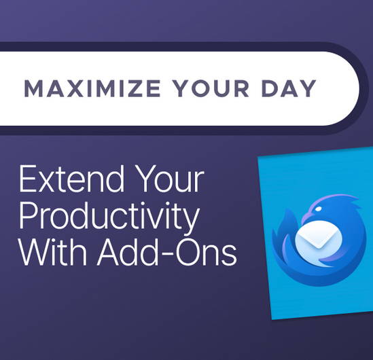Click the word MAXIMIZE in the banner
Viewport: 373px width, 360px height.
(92, 88)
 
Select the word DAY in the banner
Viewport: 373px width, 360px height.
(289, 88)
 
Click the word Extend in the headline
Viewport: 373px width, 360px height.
(71, 179)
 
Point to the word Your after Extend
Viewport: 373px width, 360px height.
(169, 179)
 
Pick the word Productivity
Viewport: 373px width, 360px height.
(109, 217)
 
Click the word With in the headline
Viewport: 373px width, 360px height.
(53, 252)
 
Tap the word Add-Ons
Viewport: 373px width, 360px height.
(166, 252)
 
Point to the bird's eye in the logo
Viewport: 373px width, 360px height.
(318, 209)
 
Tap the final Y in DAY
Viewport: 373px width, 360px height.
(308, 88)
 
